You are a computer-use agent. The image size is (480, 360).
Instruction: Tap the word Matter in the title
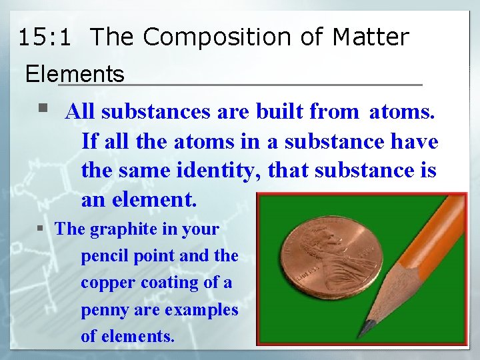(371, 37)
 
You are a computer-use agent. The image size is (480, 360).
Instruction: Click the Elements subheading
(75, 74)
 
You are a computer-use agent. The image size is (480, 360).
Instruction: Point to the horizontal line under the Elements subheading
(240, 85)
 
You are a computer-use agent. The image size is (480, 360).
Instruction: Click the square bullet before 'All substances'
(44, 108)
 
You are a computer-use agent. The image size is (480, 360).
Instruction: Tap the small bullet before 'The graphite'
(42, 229)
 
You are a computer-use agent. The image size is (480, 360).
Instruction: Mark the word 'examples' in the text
(203, 310)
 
